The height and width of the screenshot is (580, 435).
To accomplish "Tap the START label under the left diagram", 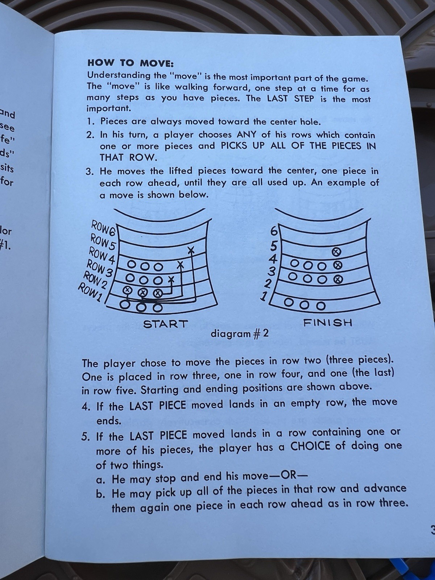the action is click(x=166, y=324).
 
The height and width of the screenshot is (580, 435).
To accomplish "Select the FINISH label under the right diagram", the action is click(x=327, y=323).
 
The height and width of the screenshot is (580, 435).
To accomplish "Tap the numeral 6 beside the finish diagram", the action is click(x=274, y=232).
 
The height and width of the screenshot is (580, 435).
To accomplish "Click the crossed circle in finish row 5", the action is click(x=336, y=252).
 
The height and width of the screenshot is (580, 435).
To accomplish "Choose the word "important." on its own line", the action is click(x=108, y=109).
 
